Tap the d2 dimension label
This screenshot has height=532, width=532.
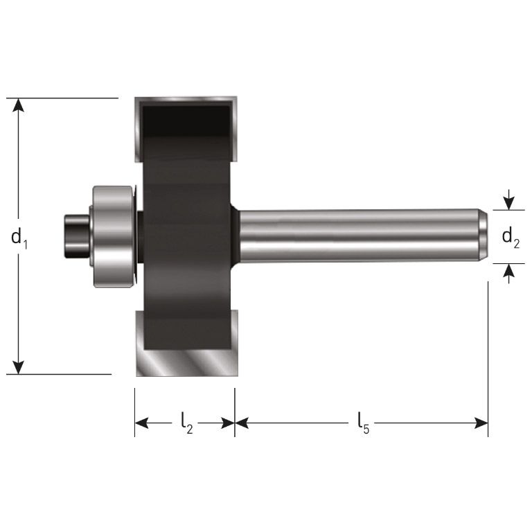[511, 238]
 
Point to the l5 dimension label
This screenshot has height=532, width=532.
[363, 423]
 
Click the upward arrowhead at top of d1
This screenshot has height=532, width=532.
[19, 105]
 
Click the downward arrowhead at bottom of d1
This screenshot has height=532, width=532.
[19, 366]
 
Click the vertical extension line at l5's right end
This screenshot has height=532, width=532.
[488, 360]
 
